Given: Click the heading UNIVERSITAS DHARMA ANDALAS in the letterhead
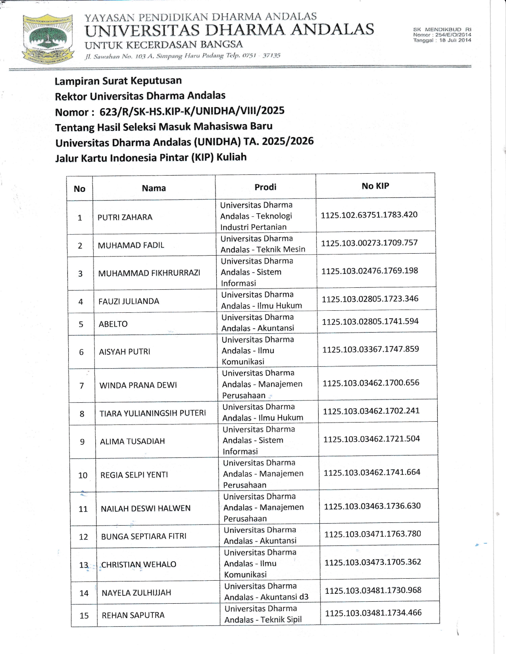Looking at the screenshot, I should click(229, 30).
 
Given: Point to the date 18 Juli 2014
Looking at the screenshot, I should click(455, 40).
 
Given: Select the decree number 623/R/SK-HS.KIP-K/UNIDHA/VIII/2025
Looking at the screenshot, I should click(192, 111).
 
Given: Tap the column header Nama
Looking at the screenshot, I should click(154, 188).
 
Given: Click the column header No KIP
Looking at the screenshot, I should click(375, 186).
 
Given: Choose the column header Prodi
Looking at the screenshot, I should click(265, 187).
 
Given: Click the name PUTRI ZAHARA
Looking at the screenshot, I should click(125, 217).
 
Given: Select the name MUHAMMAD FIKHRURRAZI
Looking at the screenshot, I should click(149, 273).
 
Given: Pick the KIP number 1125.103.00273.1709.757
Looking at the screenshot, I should click(369, 243).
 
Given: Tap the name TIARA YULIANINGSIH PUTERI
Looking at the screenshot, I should click(153, 413).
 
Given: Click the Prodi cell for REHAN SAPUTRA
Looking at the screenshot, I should click(263, 614).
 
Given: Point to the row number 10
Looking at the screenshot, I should click(83, 475).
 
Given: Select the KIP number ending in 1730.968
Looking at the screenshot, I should click(373, 590).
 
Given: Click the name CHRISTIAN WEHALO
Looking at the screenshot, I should click(139, 564).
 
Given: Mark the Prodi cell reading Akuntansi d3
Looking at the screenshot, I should click(266, 591).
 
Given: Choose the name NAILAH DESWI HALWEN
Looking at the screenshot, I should click(146, 509).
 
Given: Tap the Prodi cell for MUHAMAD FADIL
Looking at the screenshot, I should click(263, 244).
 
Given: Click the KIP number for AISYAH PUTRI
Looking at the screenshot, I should click(370, 349).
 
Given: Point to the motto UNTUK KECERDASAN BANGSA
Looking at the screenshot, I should click(164, 44).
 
